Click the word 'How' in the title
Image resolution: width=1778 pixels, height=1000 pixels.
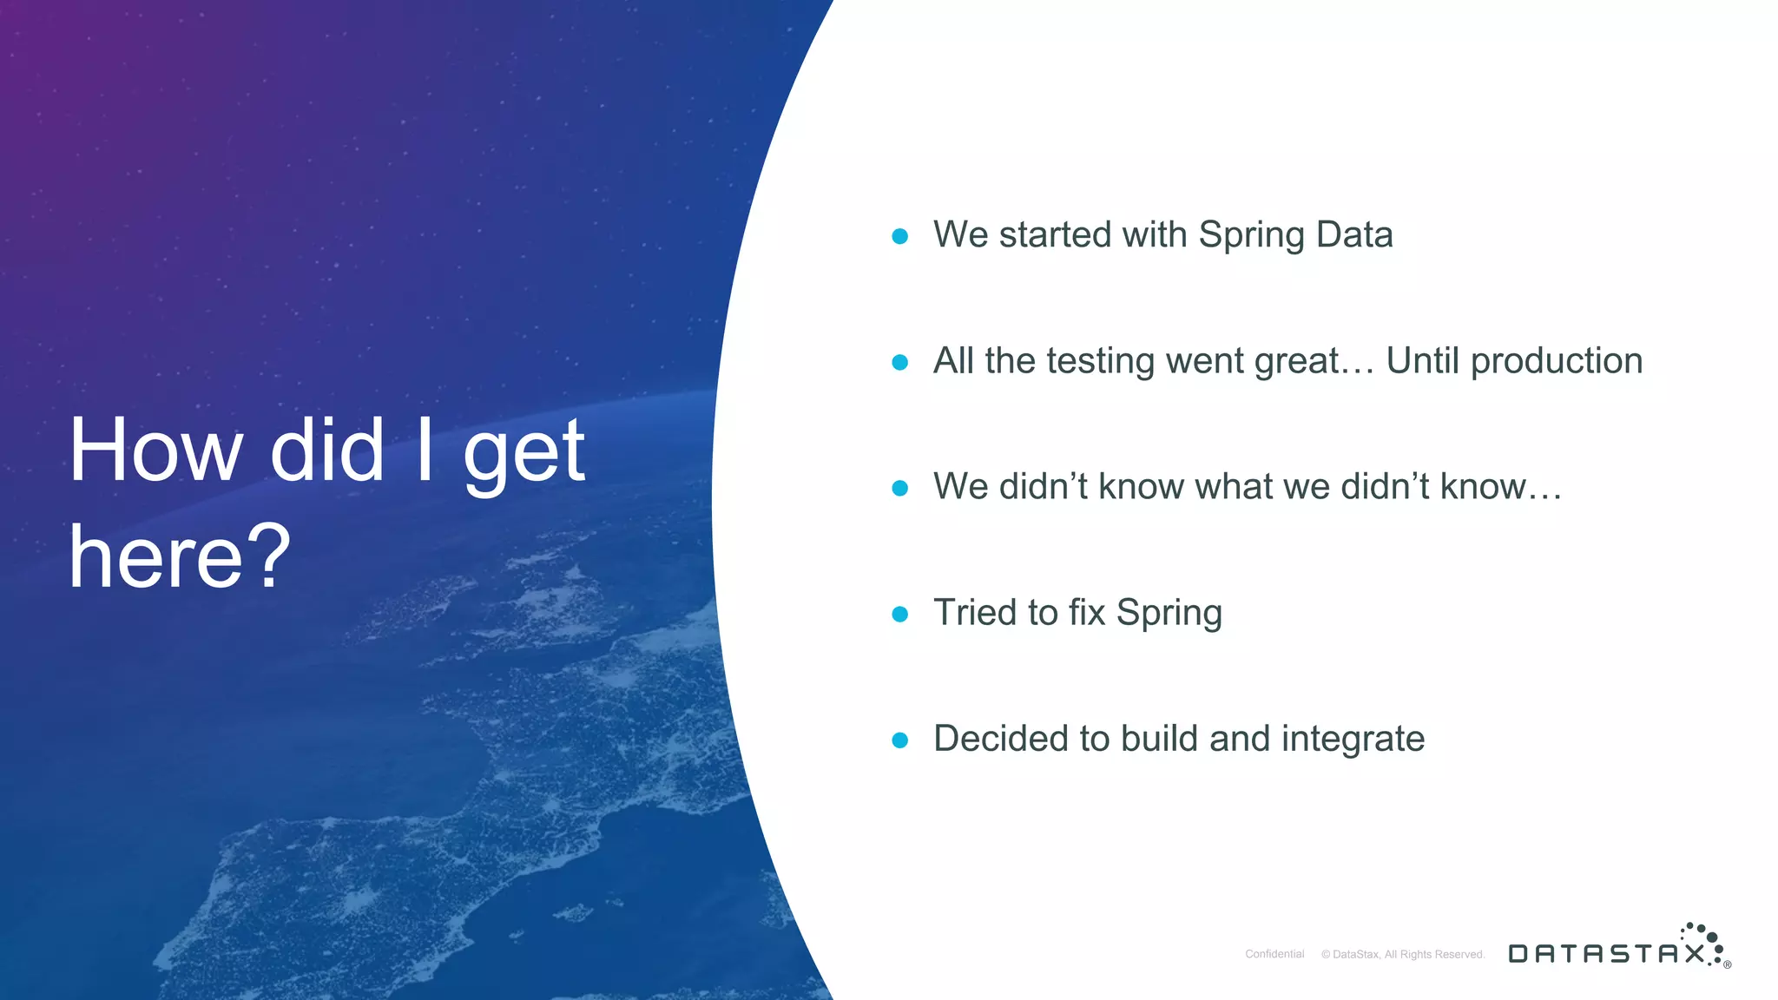[x=156, y=451]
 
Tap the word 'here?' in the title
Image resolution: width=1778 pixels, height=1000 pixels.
[x=180, y=557]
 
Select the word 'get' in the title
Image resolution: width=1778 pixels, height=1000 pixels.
[x=524, y=453]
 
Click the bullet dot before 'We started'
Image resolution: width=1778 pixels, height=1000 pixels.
[x=900, y=236]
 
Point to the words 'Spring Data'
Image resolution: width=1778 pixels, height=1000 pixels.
[x=1295, y=235]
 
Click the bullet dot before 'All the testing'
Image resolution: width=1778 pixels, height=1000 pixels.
[x=900, y=362]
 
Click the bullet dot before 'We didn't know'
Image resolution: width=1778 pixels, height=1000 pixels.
[x=900, y=488]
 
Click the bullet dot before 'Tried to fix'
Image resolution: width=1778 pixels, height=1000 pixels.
[x=900, y=615]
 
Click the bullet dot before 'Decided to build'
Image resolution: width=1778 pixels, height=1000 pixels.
[x=900, y=740]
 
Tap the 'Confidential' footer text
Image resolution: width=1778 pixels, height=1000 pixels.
[x=1274, y=954]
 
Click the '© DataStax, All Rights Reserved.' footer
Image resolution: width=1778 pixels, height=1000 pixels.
[x=1403, y=954]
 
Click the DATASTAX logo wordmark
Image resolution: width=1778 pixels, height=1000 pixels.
[x=1606, y=954]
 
